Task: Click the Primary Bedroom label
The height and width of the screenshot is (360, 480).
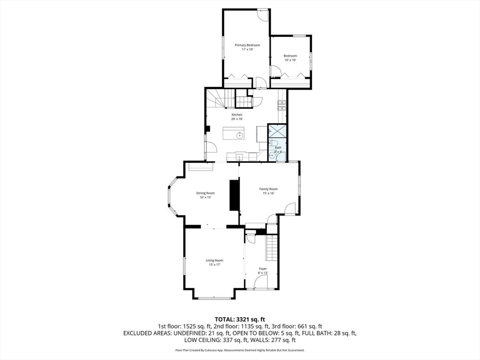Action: [247, 45]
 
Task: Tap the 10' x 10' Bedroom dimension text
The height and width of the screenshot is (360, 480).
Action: [290, 60]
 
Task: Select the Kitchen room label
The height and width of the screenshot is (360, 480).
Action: [237, 115]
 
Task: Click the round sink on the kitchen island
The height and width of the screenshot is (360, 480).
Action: [240, 135]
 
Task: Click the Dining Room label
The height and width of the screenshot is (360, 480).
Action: [205, 193]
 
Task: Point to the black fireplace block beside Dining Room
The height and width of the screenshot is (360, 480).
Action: [233, 195]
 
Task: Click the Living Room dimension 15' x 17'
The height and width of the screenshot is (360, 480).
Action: [215, 265]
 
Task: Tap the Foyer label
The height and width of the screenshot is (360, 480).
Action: [263, 269]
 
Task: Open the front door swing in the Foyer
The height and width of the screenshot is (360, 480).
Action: [261, 282]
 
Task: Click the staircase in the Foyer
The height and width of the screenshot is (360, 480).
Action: [272, 248]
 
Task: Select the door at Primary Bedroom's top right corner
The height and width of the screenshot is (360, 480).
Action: [263, 15]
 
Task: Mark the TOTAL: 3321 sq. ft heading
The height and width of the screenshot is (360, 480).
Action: [240, 319]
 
